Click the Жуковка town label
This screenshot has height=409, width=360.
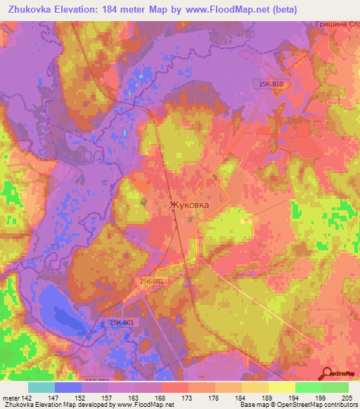pos(188,205)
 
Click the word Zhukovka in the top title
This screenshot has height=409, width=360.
pos(31,9)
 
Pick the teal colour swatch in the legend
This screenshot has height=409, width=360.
pos(41,387)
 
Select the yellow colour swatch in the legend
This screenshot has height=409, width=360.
pos(282,387)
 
